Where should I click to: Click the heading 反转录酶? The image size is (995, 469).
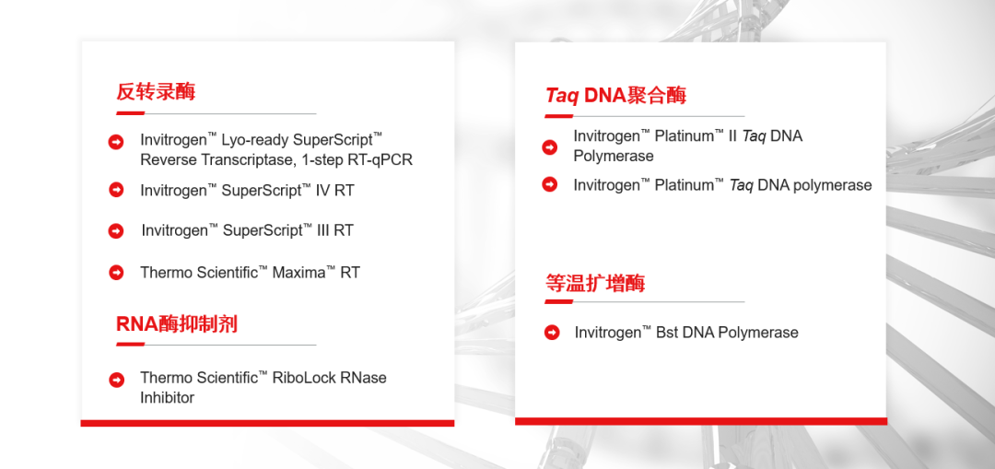click(x=156, y=91)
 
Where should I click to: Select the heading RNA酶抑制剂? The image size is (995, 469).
click(x=176, y=323)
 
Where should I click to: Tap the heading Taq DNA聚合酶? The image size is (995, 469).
click(x=615, y=95)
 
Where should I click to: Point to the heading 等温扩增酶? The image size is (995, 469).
click(x=595, y=283)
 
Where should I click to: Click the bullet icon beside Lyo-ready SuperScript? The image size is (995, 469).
click(x=116, y=142)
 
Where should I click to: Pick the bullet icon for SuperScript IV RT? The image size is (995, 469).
click(x=116, y=189)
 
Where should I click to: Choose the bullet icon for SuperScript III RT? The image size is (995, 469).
click(x=116, y=231)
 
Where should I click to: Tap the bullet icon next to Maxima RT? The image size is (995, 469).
click(x=116, y=272)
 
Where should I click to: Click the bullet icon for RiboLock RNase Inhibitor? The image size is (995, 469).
click(x=116, y=380)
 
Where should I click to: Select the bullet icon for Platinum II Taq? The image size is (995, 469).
click(x=549, y=147)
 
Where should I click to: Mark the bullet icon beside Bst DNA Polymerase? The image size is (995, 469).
click(x=552, y=332)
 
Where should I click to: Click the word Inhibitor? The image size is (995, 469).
click(x=167, y=398)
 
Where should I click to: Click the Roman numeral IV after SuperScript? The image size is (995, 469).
click(x=323, y=190)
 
